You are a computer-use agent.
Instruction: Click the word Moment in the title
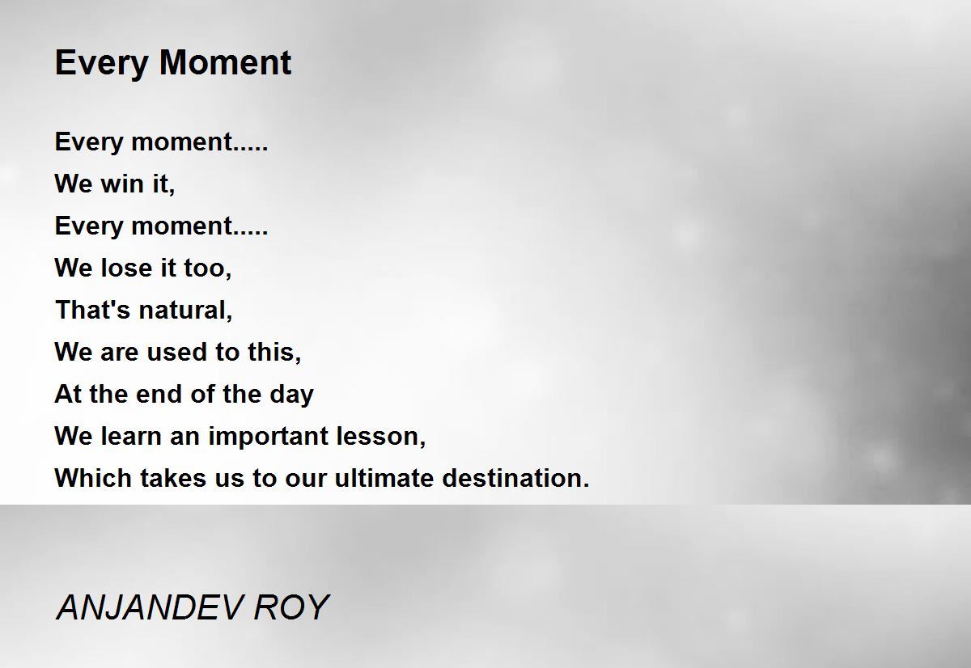tap(226, 62)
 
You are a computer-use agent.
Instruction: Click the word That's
tap(93, 310)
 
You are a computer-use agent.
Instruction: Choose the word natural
tap(186, 311)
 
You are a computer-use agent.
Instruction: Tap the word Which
tap(93, 478)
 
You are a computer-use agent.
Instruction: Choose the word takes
tap(173, 478)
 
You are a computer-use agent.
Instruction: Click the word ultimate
tap(384, 478)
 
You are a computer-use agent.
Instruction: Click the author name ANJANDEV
tap(150, 607)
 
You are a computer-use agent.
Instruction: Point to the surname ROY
tap(292, 607)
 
